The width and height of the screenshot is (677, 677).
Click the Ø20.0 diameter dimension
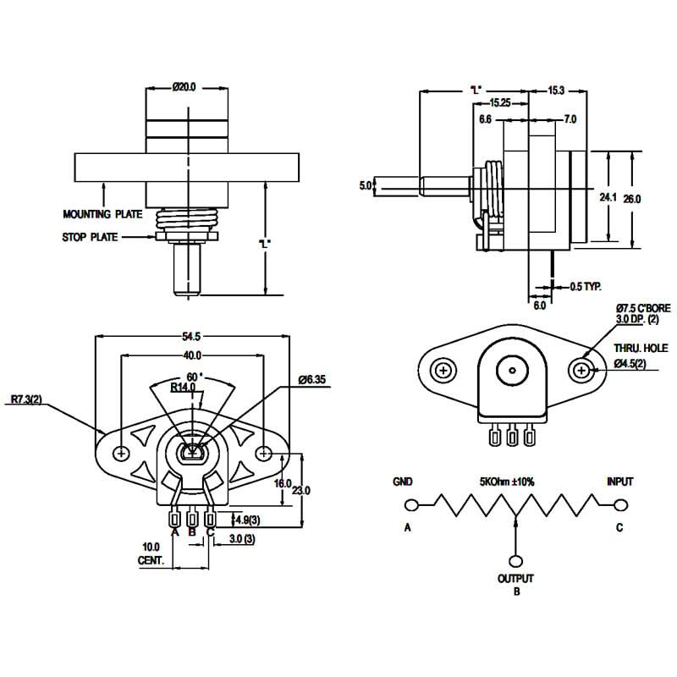pyautogui.click(x=184, y=86)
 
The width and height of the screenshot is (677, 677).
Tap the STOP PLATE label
pyautogui.click(x=90, y=238)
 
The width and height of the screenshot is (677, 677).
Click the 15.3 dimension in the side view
pyautogui.click(x=556, y=90)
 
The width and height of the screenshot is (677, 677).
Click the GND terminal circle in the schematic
pyautogui.click(x=412, y=505)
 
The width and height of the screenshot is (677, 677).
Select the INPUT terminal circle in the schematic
pyautogui.click(x=620, y=505)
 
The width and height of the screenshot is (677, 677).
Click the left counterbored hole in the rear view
pyautogui.click(x=443, y=371)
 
